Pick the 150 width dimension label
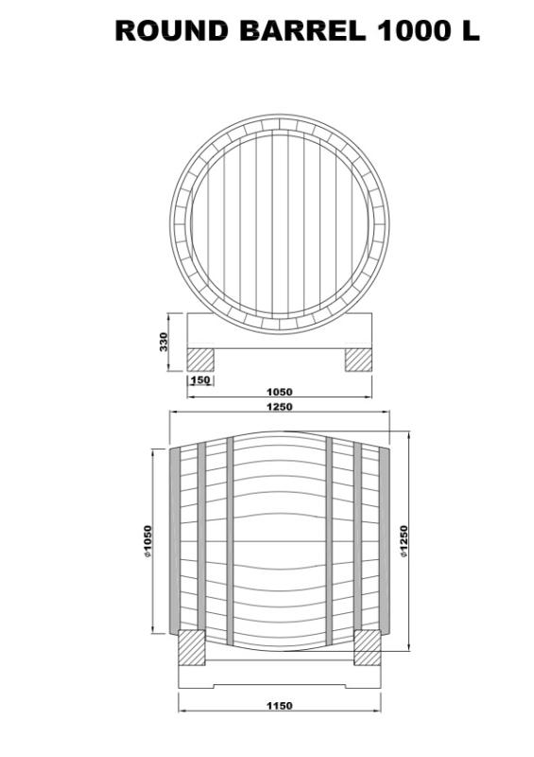coord(199,380)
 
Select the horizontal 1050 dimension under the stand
coord(279,391)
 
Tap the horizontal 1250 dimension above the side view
coord(279,407)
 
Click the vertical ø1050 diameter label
coord(148,541)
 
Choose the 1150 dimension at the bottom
coord(279,705)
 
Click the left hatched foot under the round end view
coord(199,360)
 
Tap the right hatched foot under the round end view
coord(358,360)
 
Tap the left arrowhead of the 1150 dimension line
coord(182,713)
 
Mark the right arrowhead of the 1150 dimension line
coord(377,713)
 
